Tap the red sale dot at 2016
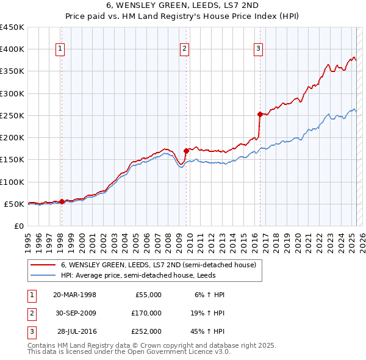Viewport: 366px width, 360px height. (260, 114)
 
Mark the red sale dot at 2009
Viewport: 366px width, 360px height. (186, 151)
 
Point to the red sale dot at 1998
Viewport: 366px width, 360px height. (62, 201)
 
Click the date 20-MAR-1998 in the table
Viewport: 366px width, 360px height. (75, 295)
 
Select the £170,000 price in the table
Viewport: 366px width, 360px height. (146, 313)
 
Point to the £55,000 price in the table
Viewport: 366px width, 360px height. (148, 295)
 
